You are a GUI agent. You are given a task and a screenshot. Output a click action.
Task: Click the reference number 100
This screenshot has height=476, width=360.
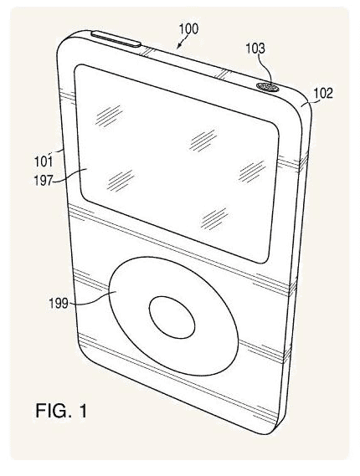tap(188, 28)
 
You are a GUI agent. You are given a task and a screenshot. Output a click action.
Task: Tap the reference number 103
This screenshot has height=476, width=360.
tap(255, 49)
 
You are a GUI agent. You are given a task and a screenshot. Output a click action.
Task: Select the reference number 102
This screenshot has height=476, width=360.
tap(323, 93)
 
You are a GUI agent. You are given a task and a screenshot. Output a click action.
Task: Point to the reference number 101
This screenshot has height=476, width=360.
tap(44, 161)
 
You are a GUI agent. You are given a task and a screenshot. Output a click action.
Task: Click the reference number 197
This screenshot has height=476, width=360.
tap(44, 181)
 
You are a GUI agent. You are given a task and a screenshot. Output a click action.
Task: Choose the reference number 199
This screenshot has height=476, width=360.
tap(59, 304)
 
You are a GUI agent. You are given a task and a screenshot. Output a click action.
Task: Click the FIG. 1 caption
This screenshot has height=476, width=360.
tap(61, 411)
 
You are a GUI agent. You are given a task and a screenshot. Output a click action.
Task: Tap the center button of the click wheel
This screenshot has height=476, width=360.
tap(172, 317)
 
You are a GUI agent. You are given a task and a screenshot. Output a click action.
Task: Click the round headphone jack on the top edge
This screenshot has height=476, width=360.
tap(268, 87)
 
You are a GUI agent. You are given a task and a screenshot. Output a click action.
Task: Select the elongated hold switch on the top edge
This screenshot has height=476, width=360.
tap(116, 38)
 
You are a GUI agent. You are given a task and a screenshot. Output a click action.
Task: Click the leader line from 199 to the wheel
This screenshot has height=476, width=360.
tap(93, 298)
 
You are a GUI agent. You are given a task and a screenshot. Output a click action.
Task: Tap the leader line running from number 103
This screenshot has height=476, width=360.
tap(269, 71)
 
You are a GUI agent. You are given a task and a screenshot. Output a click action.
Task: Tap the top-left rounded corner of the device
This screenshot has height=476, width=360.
tap(64, 40)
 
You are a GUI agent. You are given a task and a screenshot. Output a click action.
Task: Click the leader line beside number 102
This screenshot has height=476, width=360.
tap(308, 104)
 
